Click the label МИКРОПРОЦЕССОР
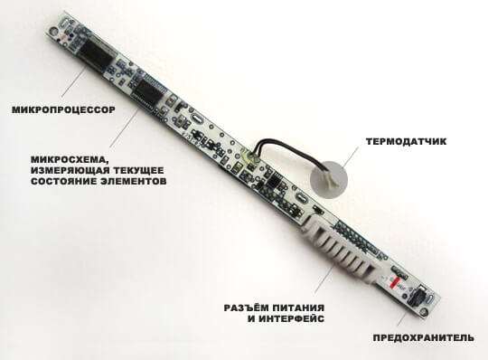(63, 110)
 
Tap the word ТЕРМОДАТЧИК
(406, 141)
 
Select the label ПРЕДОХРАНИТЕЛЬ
(424, 337)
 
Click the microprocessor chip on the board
(96, 55)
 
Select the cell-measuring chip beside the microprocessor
(148, 91)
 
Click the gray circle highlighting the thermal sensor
(329, 180)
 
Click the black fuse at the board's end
(417, 295)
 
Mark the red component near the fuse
(395, 280)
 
